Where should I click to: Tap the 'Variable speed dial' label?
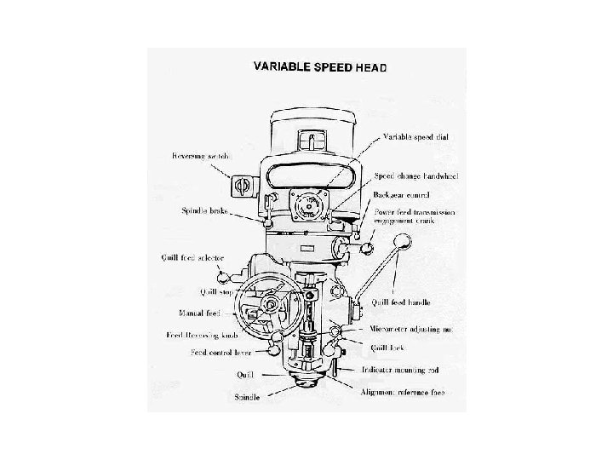click(415, 136)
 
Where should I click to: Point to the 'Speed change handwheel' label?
click(417, 175)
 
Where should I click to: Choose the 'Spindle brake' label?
click(203, 210)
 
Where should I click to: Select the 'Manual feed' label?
click(200, 313)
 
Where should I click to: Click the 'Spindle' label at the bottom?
click(249, 397)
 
